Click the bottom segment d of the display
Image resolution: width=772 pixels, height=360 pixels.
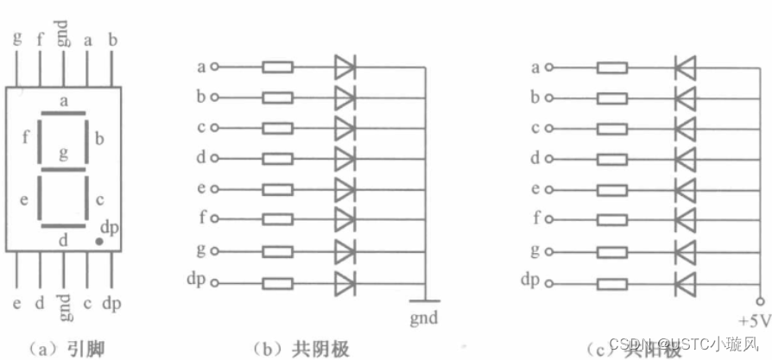63,227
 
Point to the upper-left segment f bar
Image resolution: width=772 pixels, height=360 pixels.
40,141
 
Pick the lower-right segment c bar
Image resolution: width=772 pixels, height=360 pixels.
86,198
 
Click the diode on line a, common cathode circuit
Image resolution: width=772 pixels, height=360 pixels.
345,66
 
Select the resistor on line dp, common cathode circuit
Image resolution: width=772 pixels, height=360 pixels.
277,281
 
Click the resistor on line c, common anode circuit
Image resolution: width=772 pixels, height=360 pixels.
612,128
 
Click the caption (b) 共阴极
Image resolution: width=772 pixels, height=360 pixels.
301,348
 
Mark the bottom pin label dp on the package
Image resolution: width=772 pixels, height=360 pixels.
111,305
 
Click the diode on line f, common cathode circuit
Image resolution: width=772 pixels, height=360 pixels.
345,220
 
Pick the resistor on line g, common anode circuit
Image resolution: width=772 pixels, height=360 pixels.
612,251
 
